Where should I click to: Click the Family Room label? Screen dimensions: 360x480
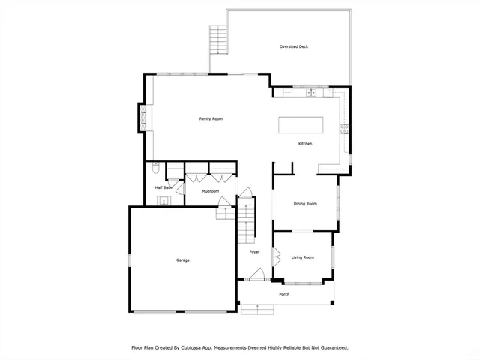click(211, 119)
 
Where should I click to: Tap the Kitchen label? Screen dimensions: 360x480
click(305, 144)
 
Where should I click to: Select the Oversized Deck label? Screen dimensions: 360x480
click(294, 46)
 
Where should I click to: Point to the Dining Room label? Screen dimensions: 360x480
click(305, 204)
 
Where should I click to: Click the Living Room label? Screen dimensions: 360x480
click(302, 257)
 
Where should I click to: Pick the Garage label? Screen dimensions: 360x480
click(183, 260)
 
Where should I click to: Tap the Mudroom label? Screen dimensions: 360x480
click(210, 191)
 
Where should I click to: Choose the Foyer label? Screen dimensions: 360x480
click(254, 252)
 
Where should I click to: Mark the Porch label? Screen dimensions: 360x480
click(284, 294)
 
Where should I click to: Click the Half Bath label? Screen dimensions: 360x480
click(163, 187)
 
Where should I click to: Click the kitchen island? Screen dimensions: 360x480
click(301, 124)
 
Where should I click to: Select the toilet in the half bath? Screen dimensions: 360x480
click(154, 168)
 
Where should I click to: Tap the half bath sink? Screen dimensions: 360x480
click(161, 200)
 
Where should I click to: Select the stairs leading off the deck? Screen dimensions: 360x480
click(217, 36)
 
